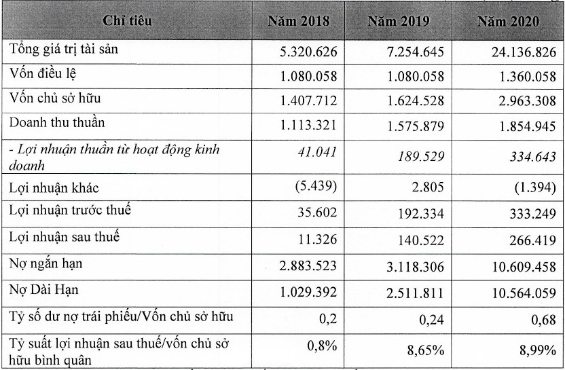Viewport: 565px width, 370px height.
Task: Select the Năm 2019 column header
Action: (x=398, y=21)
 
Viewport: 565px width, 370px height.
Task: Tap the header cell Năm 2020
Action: (x=507, y=21)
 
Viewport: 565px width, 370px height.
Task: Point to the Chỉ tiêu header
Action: (x=127, y=21)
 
